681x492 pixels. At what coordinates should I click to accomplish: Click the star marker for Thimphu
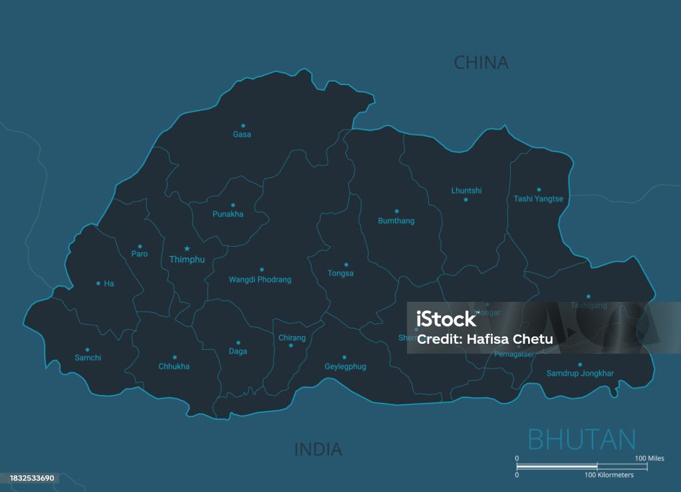(x=187, y=249)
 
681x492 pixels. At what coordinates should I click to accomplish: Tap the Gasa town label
(x=242, y=134)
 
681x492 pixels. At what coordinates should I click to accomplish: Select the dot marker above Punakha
(x=233, y=205)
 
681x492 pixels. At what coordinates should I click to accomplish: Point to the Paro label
(x=140, y=254)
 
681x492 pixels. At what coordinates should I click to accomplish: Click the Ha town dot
(x=98, y=283)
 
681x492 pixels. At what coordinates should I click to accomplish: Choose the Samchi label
(x=88, y=358)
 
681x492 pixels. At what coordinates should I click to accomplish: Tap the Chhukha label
(x=174, y=366)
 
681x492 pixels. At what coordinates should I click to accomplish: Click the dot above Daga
(x=238, y=343)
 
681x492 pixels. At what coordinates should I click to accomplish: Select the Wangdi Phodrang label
(x=260, y=280)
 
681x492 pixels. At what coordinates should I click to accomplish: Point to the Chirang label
(x=292, y=338)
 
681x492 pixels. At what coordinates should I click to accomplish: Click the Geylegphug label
(x=345, y=366)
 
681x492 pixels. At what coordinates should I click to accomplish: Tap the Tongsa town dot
(x=346, y=265)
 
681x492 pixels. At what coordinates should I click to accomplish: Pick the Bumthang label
(x=396, y=221)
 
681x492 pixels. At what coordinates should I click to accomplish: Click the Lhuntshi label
(x=466, y=191)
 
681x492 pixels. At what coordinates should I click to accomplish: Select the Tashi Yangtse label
(x=538, y=199)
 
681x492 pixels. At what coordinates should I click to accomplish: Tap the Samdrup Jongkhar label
(x=580, y=374)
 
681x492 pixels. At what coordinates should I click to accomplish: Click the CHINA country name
(x=481, y=62)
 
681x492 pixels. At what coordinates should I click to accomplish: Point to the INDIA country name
(x=318, y=449)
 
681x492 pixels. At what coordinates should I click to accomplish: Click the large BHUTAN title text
(x=582, y=439)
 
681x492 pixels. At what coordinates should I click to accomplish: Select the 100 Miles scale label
(x=649, y=458)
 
